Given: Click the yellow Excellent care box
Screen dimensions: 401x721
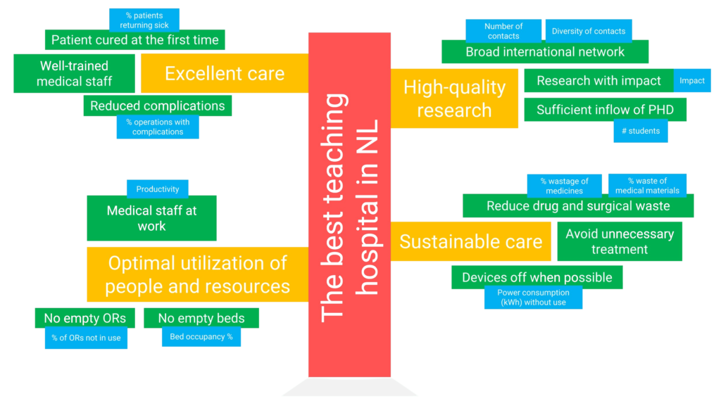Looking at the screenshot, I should [x=224, y=73].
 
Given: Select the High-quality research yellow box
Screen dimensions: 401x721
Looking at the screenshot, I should [x=454, y=98].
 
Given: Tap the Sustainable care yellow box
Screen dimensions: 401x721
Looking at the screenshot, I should [x=470, y=241].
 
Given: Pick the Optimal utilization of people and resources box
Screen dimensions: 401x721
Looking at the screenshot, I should [x=197, y=274].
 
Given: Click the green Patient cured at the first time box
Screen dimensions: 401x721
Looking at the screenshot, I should [x=134, y=40].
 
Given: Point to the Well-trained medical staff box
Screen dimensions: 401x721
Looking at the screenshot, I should [x=74, y=74].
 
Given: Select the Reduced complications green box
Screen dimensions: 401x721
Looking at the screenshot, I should [x=157, y=106].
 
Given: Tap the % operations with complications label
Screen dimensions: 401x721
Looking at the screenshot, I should [x=158, y=127].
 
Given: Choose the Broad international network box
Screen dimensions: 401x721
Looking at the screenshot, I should [x=544, y=52].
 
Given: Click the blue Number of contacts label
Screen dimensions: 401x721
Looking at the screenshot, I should [x=503, y=31].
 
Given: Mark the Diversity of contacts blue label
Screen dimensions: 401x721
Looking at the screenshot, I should [x=589, y=31].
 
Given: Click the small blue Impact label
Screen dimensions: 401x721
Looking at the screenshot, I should [x=692, y=81].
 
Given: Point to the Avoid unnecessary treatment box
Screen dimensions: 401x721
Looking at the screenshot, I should [x=620, y=241].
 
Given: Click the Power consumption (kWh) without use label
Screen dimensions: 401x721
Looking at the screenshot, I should [x=533, y=298].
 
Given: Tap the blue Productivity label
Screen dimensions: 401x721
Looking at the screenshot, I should [x=158, y=189].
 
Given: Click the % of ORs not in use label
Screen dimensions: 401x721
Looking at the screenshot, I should [x=86, y=338].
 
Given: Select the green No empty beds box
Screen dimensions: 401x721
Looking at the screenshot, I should [x=201, y=318].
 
